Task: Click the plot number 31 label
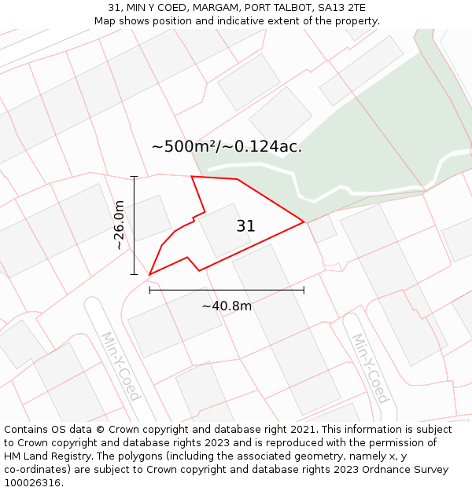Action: pos(245,226)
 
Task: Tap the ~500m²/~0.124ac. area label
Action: pos(227,147)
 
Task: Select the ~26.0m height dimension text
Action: pos(119,225)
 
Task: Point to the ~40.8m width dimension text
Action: pos(227,306)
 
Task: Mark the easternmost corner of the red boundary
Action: pos(304,222)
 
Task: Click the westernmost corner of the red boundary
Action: pos(149,275)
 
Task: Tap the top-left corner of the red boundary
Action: pos(192,177)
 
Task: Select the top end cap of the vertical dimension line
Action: pos(135,177)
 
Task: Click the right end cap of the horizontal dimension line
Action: pos(304,290)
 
